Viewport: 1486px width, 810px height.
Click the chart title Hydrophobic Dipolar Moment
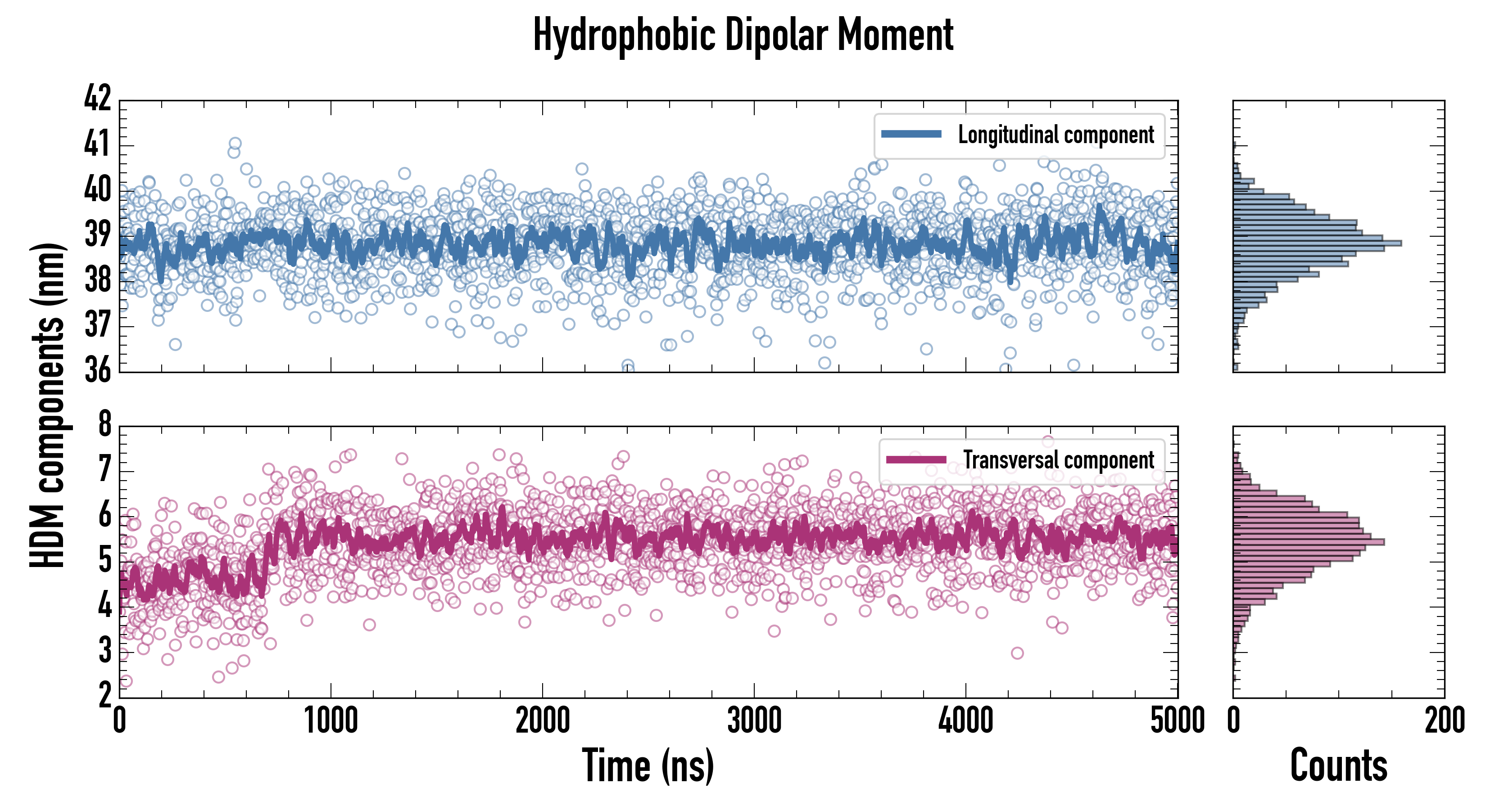pos(743,35)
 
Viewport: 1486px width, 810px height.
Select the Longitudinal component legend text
pos(1056,135)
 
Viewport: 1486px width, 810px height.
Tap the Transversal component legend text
pos(1059,460)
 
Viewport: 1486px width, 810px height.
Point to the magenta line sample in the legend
pos(916,459)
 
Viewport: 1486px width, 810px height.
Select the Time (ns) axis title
pos(648,765)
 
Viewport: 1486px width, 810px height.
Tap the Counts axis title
pos(1338,765)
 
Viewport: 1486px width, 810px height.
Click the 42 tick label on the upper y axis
pos(97,98)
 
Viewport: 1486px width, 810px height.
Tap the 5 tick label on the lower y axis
pos(104,560)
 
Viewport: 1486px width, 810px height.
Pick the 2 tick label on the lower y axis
pos(104,696)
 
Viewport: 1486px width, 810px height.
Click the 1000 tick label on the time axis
pos(331,720)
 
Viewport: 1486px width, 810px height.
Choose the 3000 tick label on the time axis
pos(754,720)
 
